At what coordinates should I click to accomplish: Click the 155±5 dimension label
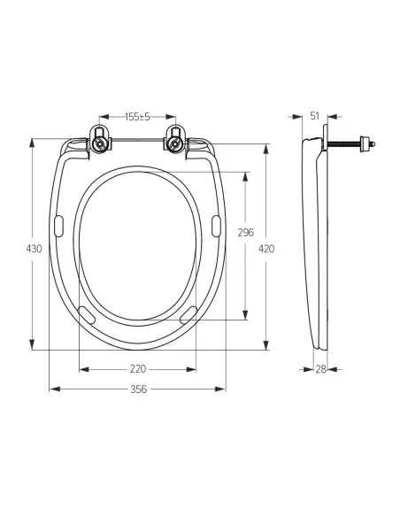[x=137, y=117]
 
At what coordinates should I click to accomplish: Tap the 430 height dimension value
[x=34, y=249]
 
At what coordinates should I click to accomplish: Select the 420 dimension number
[x=266, y=249]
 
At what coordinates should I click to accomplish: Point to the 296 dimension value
[x=246, y=233]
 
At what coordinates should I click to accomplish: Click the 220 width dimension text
[x=138, y=369]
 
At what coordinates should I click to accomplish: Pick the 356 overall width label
[x=138, y=390]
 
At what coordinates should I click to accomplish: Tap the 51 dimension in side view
[x=315, y=116]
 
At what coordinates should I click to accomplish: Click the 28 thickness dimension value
[x=320, y=369]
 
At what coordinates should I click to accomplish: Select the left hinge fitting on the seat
[x=99, y=139]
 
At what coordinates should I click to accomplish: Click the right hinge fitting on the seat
[x=175, y=139]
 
